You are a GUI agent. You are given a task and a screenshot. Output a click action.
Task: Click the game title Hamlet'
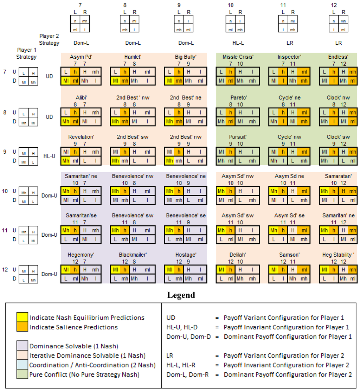coord(132,57)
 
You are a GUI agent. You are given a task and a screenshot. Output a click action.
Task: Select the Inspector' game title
coord(289,57)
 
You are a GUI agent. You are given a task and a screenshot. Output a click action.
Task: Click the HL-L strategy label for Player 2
coord(236,43)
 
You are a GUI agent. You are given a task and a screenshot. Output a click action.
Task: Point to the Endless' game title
coord(338,57)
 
